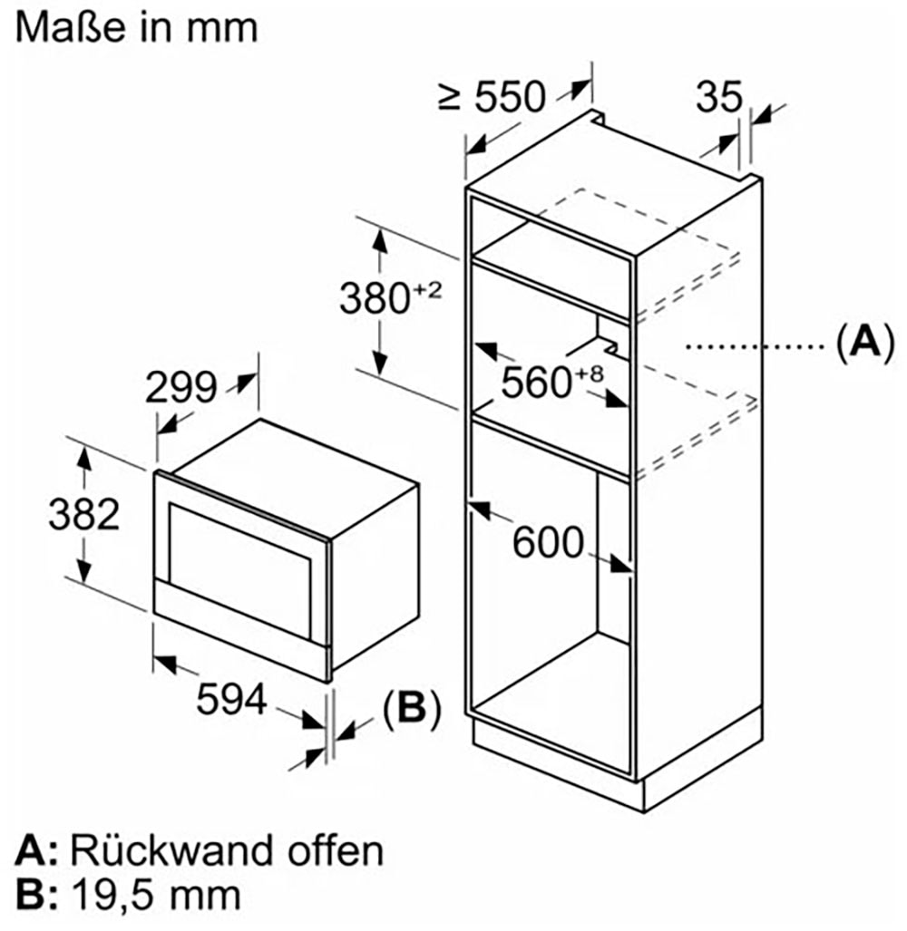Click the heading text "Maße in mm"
click(x=136, y=26)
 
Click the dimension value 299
click(x=181, y=388)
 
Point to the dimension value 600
click(x=547, y=543)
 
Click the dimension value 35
click(x=719, y=97)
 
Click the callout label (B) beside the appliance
click(x=411, y=709)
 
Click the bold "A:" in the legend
click(x=37, y=851)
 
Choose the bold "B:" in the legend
click(x=37, y=896)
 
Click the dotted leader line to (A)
click(x=753, y=345)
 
